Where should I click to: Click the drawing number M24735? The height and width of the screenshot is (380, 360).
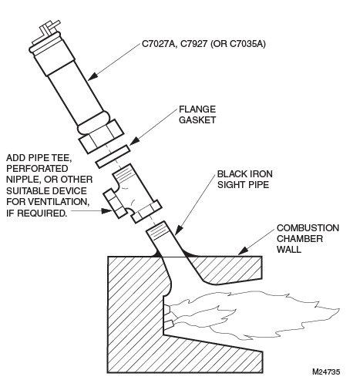click(326, 372)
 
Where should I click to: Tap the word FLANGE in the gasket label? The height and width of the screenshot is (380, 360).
click(197, 109)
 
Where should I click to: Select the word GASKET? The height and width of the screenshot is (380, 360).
click(197, 120)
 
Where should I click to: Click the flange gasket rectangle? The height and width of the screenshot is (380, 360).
click(113, 156)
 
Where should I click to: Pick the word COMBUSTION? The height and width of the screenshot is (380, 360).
click(308, 228)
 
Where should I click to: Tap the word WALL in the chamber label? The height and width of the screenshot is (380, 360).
click(288, 250)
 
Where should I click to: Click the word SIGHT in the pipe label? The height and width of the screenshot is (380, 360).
click(230, 185)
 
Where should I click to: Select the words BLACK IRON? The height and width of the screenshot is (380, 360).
click(245, 174)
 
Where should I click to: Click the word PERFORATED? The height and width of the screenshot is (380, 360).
click(37, 168)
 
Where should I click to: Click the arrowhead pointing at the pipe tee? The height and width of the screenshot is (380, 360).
click(106, 211)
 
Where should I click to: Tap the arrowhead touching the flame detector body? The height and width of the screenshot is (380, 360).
click(93, 76)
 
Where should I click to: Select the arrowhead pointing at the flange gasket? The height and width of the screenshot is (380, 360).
click(134, 141)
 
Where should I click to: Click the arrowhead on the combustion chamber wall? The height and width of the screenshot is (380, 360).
click(243, 251)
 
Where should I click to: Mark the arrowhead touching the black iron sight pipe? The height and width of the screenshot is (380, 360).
click(179, 230)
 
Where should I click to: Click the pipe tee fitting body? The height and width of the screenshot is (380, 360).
click(133, 193)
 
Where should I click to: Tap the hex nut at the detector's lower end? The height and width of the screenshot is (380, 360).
click(101, 136)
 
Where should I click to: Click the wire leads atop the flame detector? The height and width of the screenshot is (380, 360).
click(49, 28)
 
